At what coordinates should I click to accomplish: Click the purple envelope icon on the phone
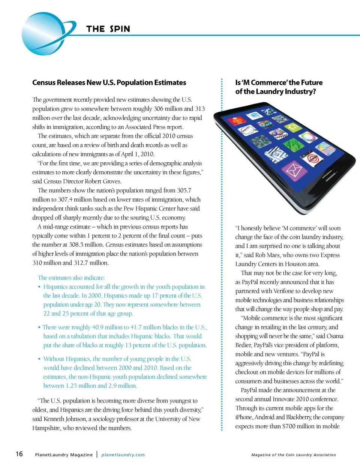pyautogui.click(x=294, y=171)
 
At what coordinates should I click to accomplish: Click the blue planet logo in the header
pyautogui.click(x=44, y=34)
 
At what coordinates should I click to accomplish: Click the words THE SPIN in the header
pyautogui.click(x=108, y=29)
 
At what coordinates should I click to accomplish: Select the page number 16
pyautogui.click(x=19, y=454)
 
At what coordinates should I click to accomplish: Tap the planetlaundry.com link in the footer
pyautogui.click(x=123, y=455)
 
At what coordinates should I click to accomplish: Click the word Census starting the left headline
pyautogui.click(x=44, y=82)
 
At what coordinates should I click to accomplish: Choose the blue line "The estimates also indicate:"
pyautogui.click(x=71, y=278)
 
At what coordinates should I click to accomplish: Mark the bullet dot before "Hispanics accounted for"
pyautogui.click(x=39, y=287)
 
